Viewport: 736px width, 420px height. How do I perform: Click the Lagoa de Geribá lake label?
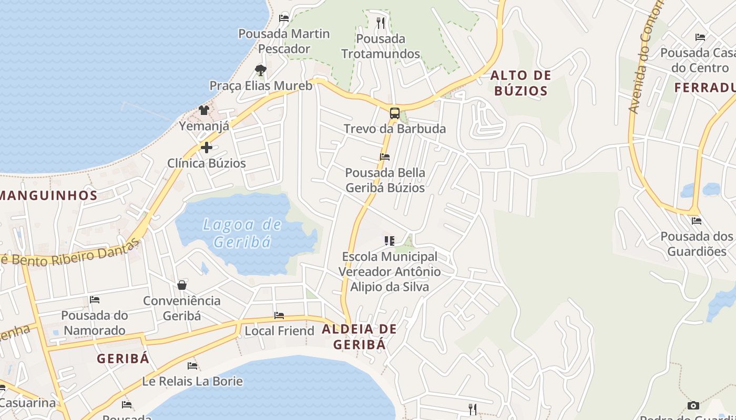pos(242,233)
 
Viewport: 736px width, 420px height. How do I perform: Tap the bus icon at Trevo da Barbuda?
pos(394,113)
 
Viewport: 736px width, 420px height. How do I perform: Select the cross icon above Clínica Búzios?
pos(206,148)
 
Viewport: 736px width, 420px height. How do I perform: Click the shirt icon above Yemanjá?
pos(204,110)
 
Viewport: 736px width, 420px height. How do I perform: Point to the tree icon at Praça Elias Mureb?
pos(260,70)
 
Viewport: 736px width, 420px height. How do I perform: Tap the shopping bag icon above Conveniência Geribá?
pos(182,285)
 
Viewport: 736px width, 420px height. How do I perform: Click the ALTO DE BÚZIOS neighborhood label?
pos(520,83)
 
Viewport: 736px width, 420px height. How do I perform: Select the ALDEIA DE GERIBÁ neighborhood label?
pos(359,337)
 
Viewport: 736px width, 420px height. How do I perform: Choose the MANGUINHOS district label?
pos(49,196)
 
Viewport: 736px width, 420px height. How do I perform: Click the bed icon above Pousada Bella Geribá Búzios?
pos(385,157)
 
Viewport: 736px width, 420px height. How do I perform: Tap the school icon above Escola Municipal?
pos(389,241)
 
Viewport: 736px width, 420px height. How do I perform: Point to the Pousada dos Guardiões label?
pos(696,244)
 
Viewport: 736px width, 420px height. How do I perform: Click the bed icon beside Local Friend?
pos(279,316)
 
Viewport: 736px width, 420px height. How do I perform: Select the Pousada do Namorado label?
pos(95,323)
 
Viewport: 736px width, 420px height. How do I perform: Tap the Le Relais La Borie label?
pos(192,381)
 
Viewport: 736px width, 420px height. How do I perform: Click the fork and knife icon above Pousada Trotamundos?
pos(381,23)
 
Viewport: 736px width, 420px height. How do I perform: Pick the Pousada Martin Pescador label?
pos(284,41)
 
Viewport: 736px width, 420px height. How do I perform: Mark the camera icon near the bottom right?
pos(693,405)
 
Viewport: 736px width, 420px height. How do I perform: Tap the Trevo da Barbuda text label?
pos(394,129)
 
